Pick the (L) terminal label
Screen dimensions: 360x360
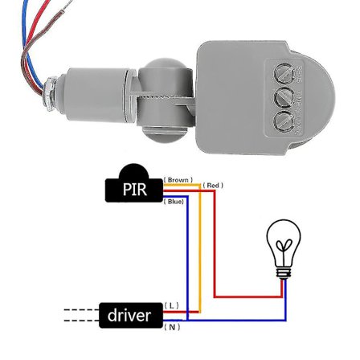pos(171,305)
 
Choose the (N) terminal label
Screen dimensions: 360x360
pos(172,327)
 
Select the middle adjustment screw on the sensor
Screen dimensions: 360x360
pos(284,98)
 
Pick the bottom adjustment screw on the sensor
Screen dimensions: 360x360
pos(284,122)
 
